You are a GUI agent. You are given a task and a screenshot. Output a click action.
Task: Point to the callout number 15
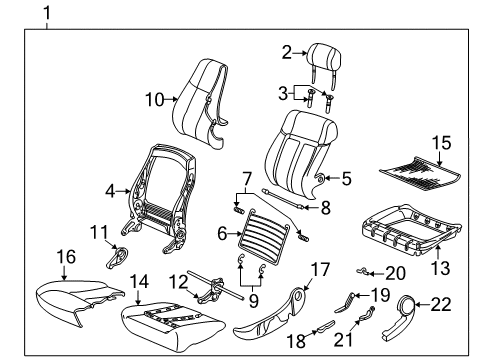[x=437, y=144]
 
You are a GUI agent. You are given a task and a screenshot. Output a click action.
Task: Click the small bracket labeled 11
[x=121, y=255]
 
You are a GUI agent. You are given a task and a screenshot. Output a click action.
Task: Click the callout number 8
[x=324, y=209]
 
